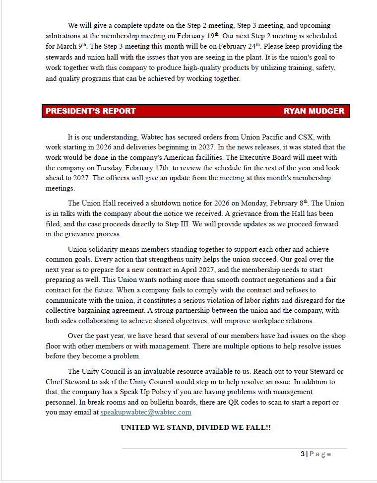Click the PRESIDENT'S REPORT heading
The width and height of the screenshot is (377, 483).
pyautogui.click(x=91, y=111)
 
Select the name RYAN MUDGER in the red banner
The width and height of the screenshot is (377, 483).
pyautogui.click(x=314, y=111)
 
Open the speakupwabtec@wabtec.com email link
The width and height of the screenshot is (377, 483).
pyautogui.click(x=146, y=412)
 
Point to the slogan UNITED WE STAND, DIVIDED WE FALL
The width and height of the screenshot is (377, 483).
pyautogui.click(x=195, y=427)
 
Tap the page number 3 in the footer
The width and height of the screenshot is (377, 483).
pyautogui.click(x=302, y=454)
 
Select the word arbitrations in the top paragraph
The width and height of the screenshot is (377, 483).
pyautogui.click(x=63, y=36)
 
